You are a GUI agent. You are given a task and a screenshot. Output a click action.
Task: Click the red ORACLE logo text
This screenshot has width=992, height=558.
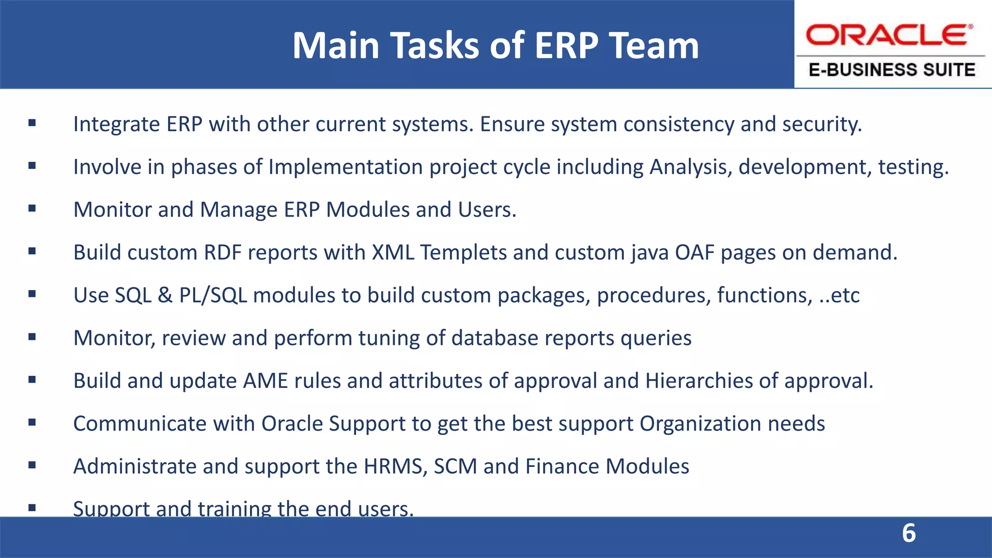pos(889,35)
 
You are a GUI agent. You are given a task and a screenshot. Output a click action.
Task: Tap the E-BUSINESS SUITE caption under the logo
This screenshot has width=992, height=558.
pos(892,70)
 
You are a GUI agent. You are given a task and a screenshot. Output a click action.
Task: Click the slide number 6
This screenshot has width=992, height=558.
pos(909,533)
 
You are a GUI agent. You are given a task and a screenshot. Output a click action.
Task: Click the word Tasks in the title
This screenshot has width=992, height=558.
pos(434,46)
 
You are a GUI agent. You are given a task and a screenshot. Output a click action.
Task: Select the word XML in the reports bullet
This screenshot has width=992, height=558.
pos(393,252)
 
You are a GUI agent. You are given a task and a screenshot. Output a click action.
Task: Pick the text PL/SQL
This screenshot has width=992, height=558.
pos(213,295)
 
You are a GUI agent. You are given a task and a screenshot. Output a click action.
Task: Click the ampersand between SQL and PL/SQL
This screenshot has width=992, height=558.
pos(165,295)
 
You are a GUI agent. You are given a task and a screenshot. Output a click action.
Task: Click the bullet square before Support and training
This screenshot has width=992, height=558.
pos(32,508)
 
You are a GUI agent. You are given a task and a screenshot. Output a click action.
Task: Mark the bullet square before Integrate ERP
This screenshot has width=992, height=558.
pos(32,123)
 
